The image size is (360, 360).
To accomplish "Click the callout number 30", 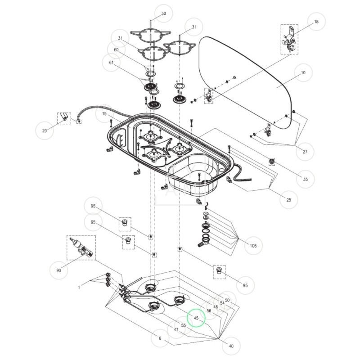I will point(163,13).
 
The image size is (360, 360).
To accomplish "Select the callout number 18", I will point(316,22).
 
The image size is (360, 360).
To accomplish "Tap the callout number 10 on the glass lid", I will point(303,72).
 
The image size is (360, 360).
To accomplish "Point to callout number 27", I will point(305,152).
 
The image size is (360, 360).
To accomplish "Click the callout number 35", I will point(305,179).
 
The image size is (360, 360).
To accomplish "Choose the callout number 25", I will point(288,199).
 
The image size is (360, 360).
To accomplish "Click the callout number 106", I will point(253,246).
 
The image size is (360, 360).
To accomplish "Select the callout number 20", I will point(44,131).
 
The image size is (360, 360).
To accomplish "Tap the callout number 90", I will point(58,270).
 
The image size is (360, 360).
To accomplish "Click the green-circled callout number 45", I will point(196,318).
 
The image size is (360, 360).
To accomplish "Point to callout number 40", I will point(231,346).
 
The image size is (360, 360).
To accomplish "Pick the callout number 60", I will point(116,50).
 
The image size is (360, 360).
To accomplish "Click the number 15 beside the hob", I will point(104,114).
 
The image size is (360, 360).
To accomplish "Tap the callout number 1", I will point(79,287).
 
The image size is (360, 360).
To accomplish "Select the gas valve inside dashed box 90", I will point(81,248).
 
